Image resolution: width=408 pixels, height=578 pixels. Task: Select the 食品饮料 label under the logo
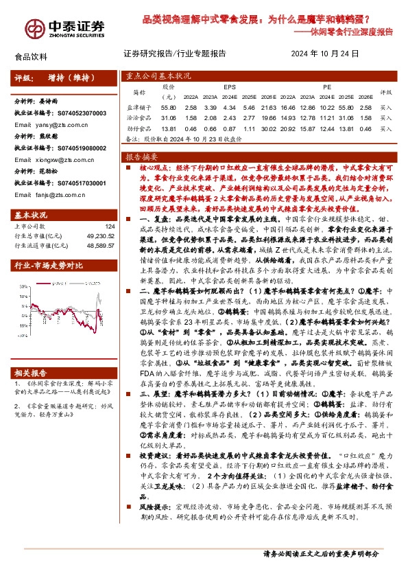[31, 57]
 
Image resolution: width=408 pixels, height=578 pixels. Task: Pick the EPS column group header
[229, 88]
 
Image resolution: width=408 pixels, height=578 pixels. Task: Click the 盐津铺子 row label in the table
[139, 108]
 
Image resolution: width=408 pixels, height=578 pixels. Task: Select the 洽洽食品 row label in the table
[139, 118]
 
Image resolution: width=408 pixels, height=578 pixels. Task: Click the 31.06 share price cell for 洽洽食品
[169, 118]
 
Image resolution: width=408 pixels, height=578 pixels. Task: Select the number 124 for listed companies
[110, 227]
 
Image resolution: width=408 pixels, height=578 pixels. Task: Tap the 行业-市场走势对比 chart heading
[49, 265]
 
